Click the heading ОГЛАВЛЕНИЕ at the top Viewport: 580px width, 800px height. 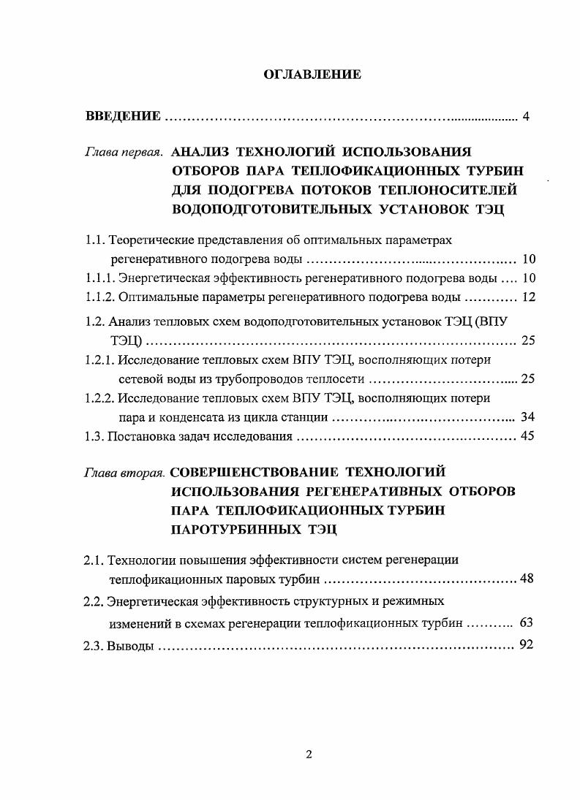(x=311, y=75)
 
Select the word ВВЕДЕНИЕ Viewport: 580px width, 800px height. (x=123, y=116)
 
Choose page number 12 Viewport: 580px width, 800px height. (x=529, y=297)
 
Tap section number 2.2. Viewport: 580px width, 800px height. (x=94, y=603)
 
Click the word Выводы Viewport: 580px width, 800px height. (x=130, y=645)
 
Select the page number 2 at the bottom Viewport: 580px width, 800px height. (x=309, y=755)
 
